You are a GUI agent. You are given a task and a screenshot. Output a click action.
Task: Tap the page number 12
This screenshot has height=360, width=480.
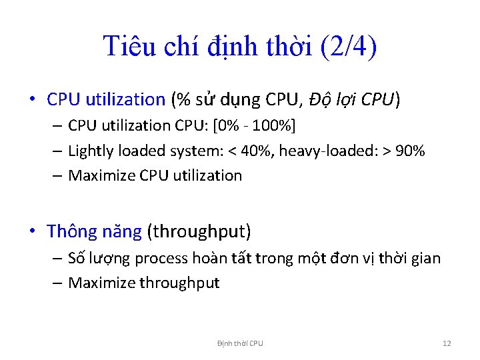click(447, 343)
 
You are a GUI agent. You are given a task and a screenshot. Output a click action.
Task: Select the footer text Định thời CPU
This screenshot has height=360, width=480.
click(240, 343)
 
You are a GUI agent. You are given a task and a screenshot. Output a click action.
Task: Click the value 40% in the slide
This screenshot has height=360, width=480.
click(257, 151)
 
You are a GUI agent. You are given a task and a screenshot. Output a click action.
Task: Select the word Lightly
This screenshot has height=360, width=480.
click(91, 151)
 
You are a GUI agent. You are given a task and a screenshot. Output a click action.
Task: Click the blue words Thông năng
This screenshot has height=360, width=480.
click(94, 231)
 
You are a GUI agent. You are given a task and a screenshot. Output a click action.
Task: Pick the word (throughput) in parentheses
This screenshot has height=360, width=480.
click(199, 231)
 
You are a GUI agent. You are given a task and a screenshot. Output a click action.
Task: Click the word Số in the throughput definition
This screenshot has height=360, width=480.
click(76, 257)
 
